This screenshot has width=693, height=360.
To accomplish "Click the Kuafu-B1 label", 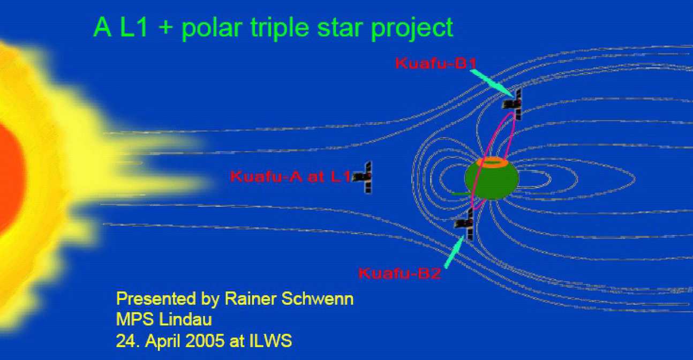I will pos(435,63).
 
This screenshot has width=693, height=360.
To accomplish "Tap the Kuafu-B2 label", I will pos(399,274).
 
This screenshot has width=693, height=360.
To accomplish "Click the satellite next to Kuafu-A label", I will pos(366,177).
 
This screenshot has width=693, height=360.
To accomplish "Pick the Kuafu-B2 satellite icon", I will pos(465,224).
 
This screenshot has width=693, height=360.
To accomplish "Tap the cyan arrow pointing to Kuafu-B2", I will pos(454,251).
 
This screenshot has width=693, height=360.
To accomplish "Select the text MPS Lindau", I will pos(164,320).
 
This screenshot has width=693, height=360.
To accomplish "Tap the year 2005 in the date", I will pos(209,341).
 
